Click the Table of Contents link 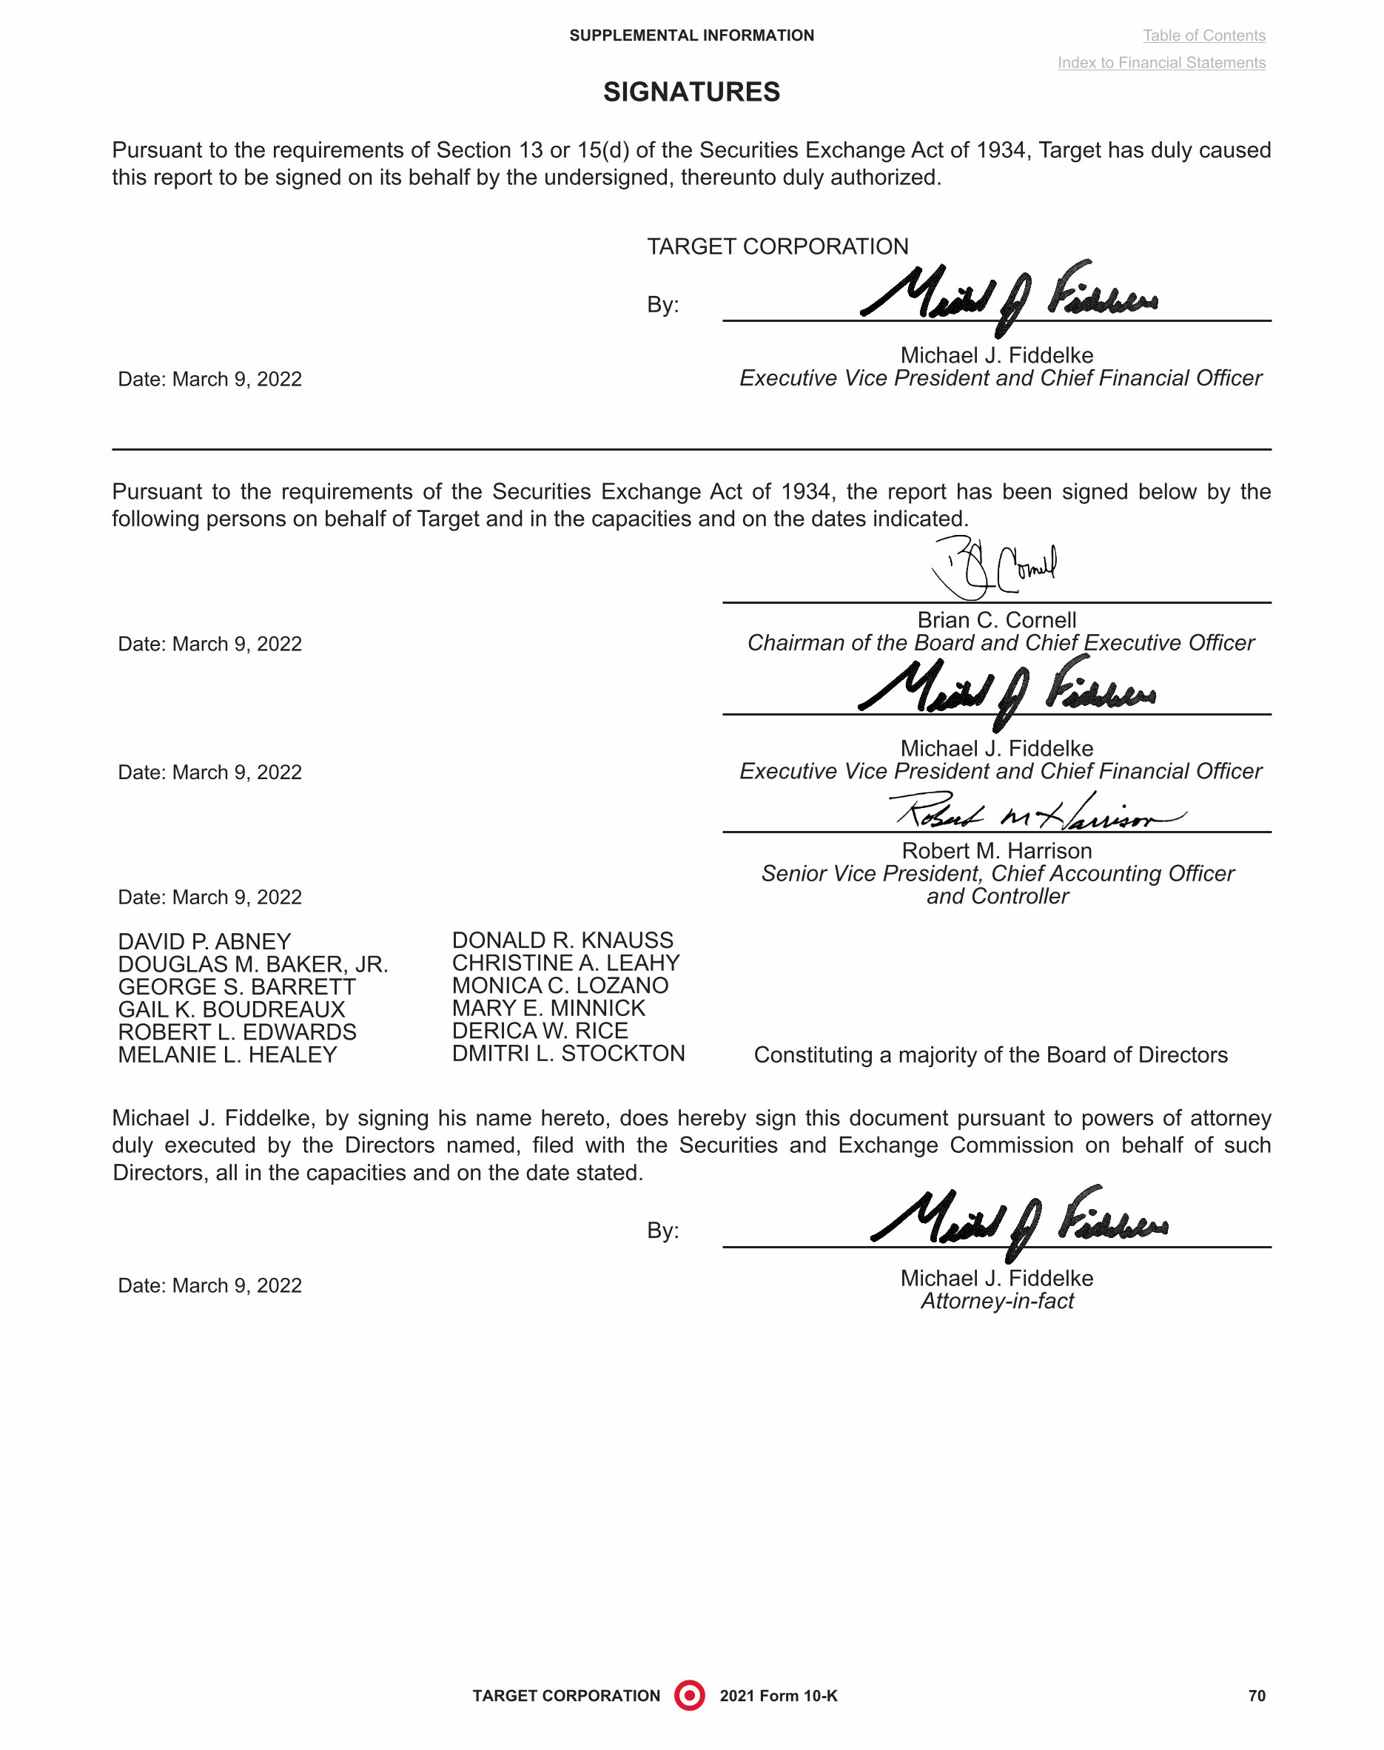1203,36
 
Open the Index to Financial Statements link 1161,63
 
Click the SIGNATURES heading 691,92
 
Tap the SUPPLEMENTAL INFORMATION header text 691,36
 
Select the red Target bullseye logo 690,1695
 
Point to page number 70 1256,1696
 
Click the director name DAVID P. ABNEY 204,941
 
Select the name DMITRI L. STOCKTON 568,1053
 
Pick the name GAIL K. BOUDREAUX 232,1009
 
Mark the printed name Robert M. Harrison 997,851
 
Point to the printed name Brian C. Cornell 997,620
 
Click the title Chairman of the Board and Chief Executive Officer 1000,643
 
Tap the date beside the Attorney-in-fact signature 210,1286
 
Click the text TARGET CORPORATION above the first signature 777,246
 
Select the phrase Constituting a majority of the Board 990,1055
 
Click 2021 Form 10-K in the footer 778,1696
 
